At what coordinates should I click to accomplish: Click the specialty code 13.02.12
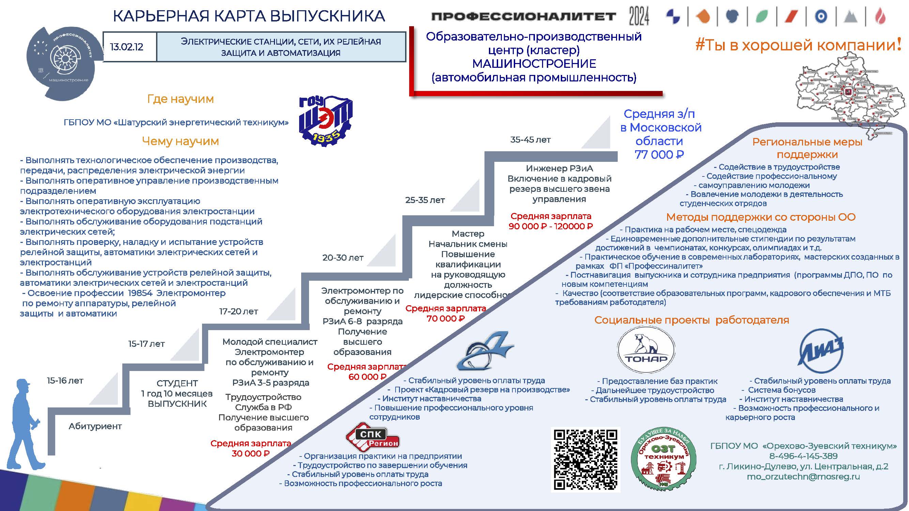(x=126, y=47)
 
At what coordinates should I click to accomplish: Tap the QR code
(x=585, y=459)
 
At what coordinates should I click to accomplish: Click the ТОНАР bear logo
(x=646, y=350)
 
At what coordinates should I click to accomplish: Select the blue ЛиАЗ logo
(x=820, y=351)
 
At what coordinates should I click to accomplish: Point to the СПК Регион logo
(x=372, y=438)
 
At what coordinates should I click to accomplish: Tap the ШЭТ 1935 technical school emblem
(x=325, y=120)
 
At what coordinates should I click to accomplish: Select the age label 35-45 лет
(x=530, y=140)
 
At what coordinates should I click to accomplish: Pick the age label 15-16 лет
(x=65, y=381)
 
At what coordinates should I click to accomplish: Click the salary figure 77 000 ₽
(x=659, y=155)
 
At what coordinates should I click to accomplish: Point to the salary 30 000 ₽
(x=250, y=453)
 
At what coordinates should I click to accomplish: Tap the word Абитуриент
(x=95, y=426)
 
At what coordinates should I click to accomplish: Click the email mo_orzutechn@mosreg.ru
(x=803, y=476)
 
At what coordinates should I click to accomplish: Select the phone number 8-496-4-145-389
(x=803, y=456)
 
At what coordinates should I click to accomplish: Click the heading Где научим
(x=180, y=99)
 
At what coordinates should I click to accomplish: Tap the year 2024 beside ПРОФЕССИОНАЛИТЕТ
(x=639, y=16)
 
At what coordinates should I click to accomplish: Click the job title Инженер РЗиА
(x=559, y=168)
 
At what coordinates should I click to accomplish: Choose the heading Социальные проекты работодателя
(x=692, y=320)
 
